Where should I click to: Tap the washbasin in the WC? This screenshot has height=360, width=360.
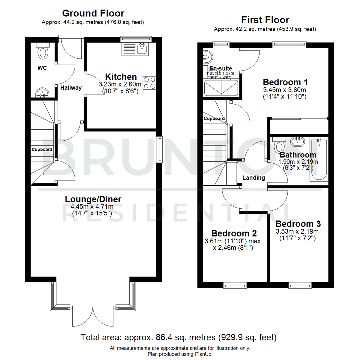pos(42,92)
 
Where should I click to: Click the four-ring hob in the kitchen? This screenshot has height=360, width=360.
pos(150,82)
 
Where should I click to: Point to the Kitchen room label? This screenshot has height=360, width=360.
pos(121,77)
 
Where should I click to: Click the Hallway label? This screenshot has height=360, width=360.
pos(71,88)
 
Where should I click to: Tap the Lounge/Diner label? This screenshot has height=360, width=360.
pos(93,199)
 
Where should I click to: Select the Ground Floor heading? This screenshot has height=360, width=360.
pos(93,13)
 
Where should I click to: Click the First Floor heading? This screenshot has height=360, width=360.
pos(265,20)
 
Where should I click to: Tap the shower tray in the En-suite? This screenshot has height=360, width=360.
pos(221,88)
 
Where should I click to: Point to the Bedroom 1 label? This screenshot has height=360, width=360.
pos(285,82)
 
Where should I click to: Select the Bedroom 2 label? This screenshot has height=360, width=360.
pos(233,233)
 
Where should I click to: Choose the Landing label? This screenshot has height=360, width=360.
pos(254,178)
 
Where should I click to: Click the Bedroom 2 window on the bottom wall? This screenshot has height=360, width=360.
pos(235,285)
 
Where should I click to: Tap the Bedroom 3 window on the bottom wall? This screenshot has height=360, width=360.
pos(300,285)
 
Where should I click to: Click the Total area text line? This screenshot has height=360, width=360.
pos(178,337)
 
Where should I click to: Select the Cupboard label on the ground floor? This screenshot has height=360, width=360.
pos(42,149)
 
